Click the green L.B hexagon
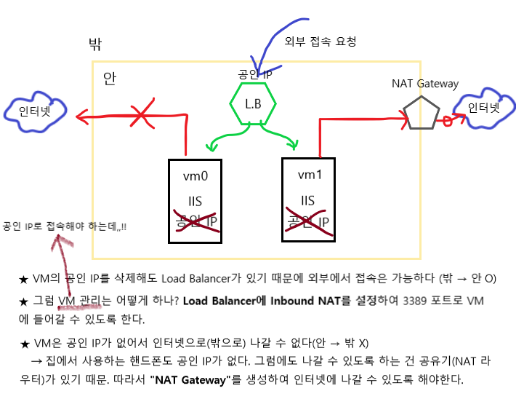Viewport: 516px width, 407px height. [x=252, y=103]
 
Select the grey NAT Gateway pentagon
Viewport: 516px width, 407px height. [x=422, y=113]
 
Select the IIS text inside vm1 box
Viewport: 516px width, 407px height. [x=307, y=200]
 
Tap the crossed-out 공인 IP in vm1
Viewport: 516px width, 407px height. [x=308, y=221]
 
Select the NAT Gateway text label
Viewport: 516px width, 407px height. [x=425, y=83]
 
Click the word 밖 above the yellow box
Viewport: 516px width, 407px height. [x=94, y=44]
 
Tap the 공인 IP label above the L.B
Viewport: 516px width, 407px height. [x=254, y=74]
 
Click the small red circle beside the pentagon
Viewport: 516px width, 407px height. [x=448, y=122]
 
